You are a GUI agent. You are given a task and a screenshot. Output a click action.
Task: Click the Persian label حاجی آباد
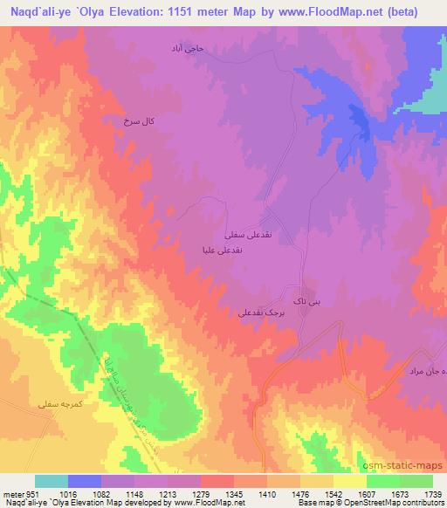(x=186, y=49)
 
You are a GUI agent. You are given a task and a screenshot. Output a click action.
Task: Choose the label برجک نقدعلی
(x=259, y=311)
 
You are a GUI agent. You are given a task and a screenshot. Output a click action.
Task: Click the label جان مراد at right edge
(x=428, y=371)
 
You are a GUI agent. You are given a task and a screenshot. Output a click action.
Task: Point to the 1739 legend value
(x=430, y=494)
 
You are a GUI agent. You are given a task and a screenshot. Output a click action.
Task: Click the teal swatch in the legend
(x=52, y=481)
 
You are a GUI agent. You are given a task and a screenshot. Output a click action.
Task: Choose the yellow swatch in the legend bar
(x=350, y=481)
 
